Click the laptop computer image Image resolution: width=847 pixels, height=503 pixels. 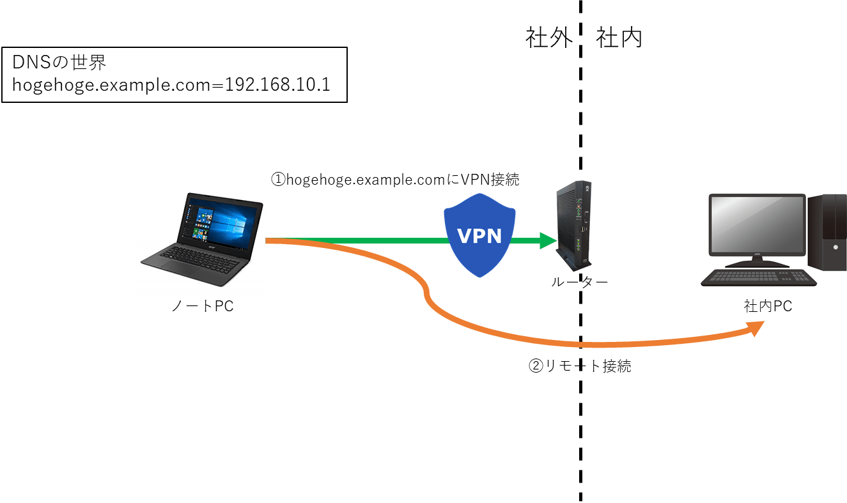pos(202,239)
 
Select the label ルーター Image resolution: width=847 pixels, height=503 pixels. pos(579,282)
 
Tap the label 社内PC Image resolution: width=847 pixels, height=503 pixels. pos(767,307)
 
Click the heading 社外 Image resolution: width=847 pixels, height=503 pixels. pos(548,38)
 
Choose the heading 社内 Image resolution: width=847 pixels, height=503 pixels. pos(619,38)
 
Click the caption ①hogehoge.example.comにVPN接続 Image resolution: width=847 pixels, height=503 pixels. pos(395,180)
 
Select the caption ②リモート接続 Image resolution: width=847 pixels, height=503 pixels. pos(580,366)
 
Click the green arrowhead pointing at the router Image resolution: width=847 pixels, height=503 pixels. pos(548,240)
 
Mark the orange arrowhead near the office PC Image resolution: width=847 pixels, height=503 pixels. pos(755,329)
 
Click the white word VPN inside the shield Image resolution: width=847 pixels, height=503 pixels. pos(480,236)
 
